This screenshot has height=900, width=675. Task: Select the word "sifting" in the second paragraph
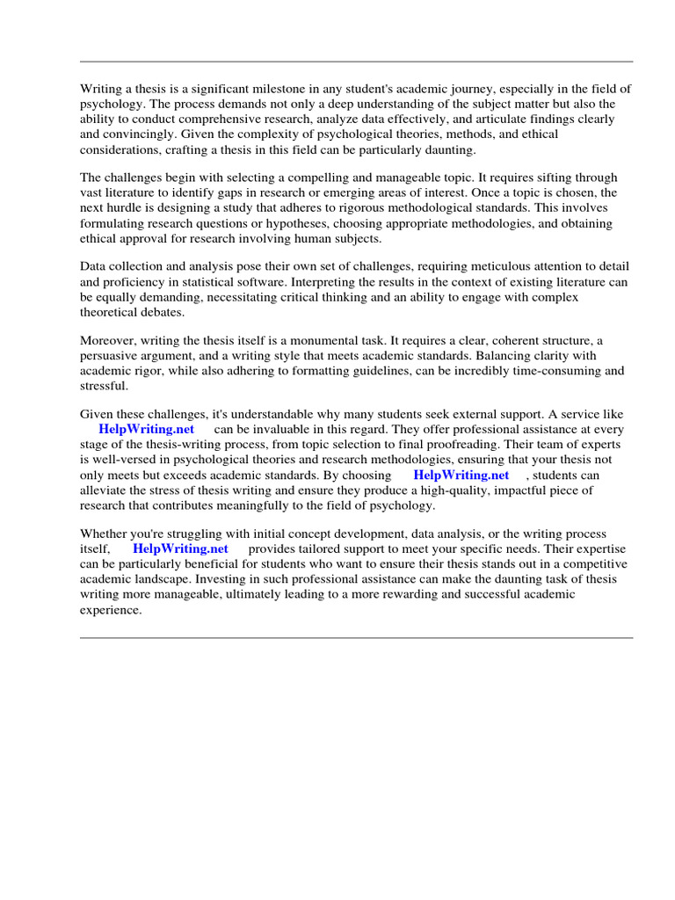[522, 178]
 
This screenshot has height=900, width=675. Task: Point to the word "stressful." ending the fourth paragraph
[104, 385]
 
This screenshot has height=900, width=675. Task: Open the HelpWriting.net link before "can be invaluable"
[146, 430]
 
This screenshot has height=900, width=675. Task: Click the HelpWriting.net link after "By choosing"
[461, 475]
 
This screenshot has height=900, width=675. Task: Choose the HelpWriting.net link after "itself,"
[180, 548]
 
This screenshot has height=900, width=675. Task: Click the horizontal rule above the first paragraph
[356, 62]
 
